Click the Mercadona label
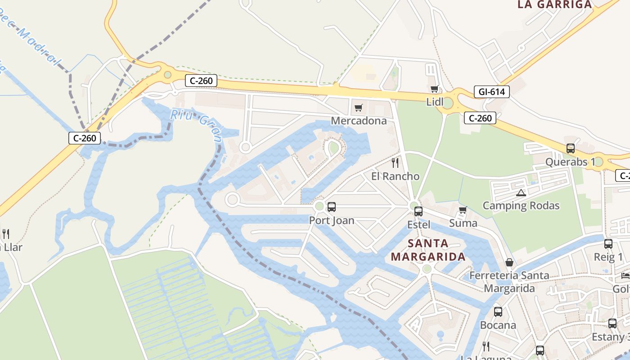point(359,121)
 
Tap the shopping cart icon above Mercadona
point(358,108)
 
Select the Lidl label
point(435,102)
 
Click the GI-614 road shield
point(491,92)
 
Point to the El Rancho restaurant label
point(395,176)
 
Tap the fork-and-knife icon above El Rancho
point(395,162)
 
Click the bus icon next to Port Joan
point(332,207)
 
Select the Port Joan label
point(332,220)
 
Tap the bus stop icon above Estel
point(418,211)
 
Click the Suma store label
point(463,223)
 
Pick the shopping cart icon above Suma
point(463,210)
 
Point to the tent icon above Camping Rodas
point(521,193)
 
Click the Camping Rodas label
point(521,206)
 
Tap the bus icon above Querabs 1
point(571,148)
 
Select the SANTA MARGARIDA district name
point(428,250)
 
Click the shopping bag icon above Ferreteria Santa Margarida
point(509,262)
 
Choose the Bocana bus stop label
point(498,325)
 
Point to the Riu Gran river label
point(196,126)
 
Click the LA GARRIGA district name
point(554,4)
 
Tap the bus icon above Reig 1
point(608,244)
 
